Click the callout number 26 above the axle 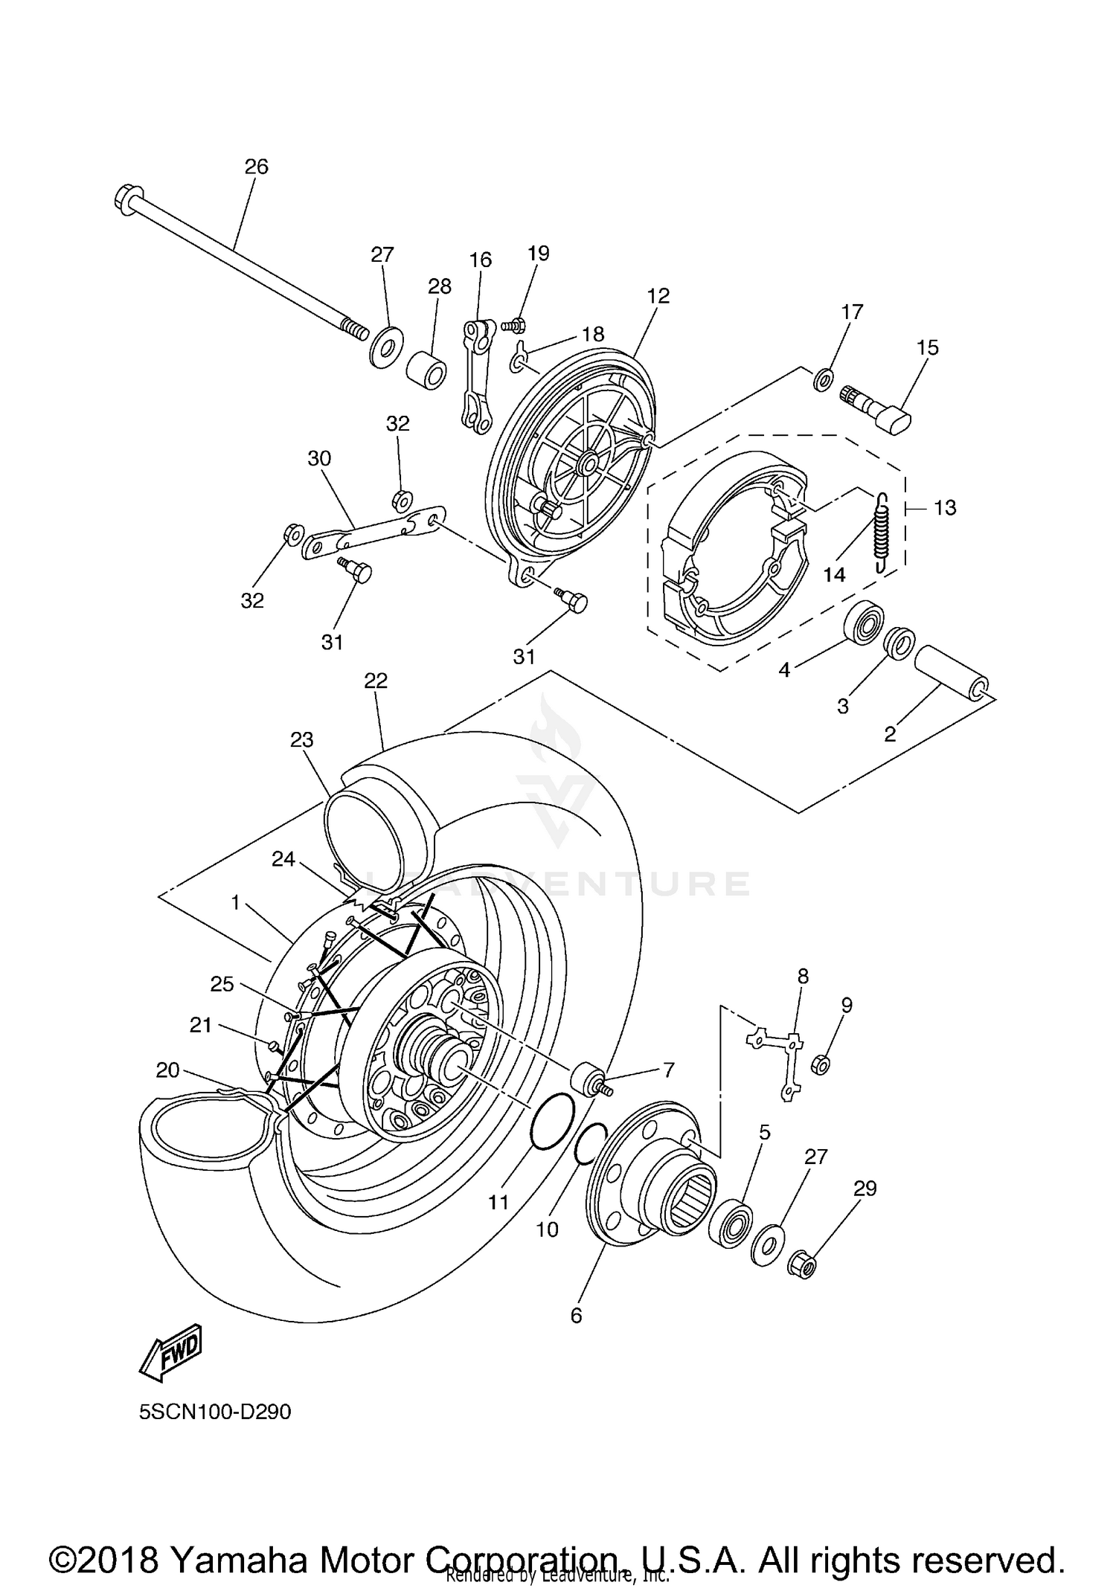click(x=256, y=167)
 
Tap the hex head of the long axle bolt click(x=125, y=199)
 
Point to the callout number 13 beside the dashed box click(x=945, y=508)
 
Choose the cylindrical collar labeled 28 click(x=428, y=370)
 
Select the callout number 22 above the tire click(x=376, y=681)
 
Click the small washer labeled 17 click(x=822, y=380)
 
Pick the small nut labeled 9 click(x=821, y=1064)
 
